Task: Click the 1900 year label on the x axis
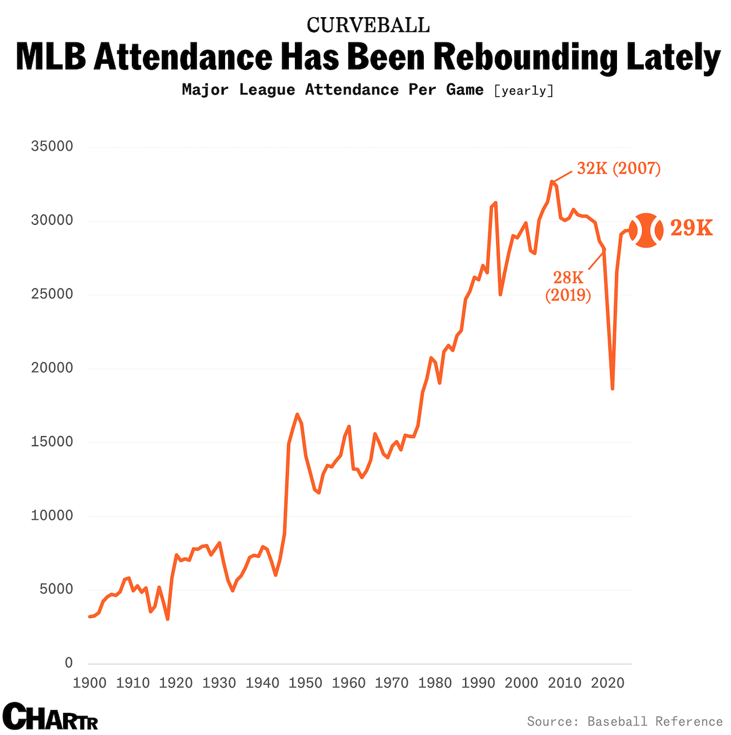90,683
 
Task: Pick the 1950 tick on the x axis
305,683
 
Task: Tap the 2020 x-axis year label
608,683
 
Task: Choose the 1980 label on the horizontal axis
435,683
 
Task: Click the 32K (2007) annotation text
618,169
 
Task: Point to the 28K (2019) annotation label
568,287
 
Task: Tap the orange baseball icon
646,231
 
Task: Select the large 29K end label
691,228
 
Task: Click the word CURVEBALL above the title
368,25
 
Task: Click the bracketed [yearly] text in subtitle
523,91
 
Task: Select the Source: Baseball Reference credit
624,722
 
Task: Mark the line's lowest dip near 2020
612,388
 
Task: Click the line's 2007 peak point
552,182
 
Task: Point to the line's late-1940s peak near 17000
297,415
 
